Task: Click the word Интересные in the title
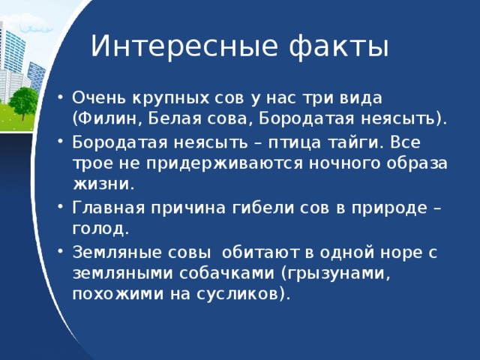coord(184,46)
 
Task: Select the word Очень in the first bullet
coord(99,98)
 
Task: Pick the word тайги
coord(355,143)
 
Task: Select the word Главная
coord(108,208)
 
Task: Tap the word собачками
coord(226,273)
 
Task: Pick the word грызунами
coord(335,273)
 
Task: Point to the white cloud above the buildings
coord(36,27)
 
